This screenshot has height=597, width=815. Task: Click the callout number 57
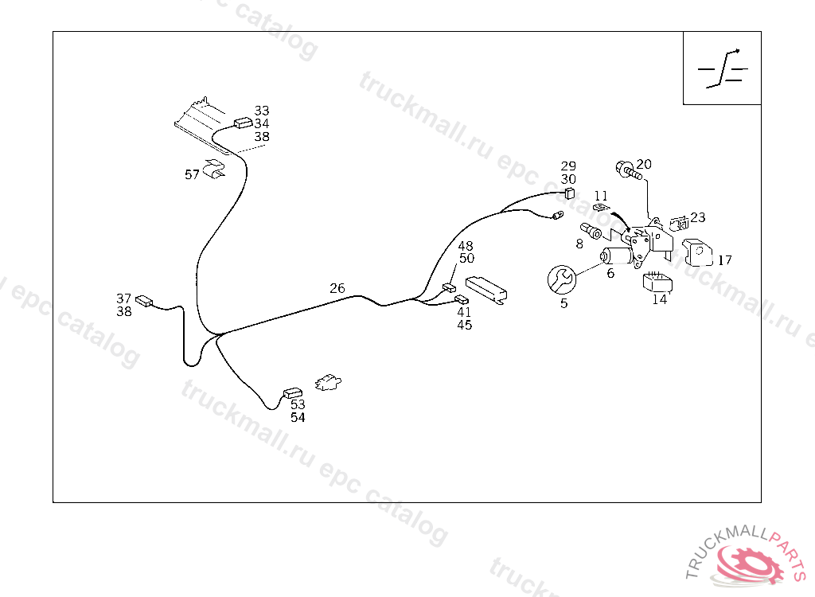(192, 175)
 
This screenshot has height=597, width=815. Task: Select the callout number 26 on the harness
(337, 288)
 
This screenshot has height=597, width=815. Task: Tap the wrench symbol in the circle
(562, 279)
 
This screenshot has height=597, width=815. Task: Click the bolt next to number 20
(629, 171)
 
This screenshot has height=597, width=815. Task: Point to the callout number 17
(724, 260)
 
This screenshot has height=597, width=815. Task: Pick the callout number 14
(660, 299)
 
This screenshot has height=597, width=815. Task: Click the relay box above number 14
(657, 282)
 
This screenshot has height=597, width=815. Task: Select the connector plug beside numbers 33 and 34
(244, 123)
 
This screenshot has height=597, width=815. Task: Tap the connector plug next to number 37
(144, 301)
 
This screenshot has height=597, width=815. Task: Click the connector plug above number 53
(293, 392)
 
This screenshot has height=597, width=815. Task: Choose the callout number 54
(298, 418)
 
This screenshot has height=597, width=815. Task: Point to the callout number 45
(465, 325)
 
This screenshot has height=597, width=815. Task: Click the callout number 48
(466, 245)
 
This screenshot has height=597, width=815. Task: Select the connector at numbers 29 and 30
(570, 193)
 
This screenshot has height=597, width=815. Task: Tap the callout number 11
(601, 196)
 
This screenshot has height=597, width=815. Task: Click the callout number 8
(579, 244)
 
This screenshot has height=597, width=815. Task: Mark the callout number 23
(698, 217)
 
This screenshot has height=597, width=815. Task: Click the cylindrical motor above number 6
(617, 256)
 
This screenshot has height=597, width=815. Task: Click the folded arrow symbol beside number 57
(214, 168)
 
